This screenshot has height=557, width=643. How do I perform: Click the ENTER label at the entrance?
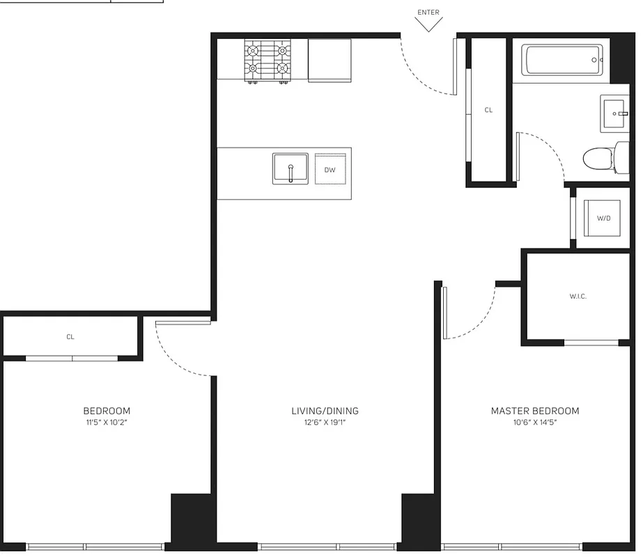pyautogui.click(x=428, y=12)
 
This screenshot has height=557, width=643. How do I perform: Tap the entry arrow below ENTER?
pyautogui.click(x=428, y=24)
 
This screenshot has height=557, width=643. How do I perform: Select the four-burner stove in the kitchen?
pyautogui.click(x=266, y=61)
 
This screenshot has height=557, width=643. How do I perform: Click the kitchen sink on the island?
pyautogui.click(x=290, y=168)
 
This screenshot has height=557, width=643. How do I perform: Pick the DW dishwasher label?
pyautogui.click(x=330, y=169)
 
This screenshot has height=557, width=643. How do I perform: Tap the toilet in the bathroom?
pyautogui.click(x=596, y=158)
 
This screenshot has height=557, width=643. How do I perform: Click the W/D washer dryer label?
pyautogui.click(x=603, y=218)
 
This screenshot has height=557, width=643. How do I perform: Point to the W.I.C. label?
pyautogui.click(x=578, y=297)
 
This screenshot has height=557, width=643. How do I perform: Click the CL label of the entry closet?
pyautogui.click(x=488, y=110)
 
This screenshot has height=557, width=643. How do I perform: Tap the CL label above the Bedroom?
pyautogui.click(x=70, y=337)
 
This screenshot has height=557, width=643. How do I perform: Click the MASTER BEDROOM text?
pyautogui.click(x=534, y=411)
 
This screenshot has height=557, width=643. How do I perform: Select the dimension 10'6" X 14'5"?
pyautogui.click(x=534, y=422)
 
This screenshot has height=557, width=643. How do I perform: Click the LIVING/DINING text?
pyautogui.click(x=325, y=411)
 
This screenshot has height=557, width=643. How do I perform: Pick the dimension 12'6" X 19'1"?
pyautogui.click(x=325, y=422)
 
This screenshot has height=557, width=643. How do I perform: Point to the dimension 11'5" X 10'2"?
pyautogui.click(x=106, y=422)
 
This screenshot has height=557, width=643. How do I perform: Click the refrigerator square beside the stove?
pyautogui.click(x=330, y=60)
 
